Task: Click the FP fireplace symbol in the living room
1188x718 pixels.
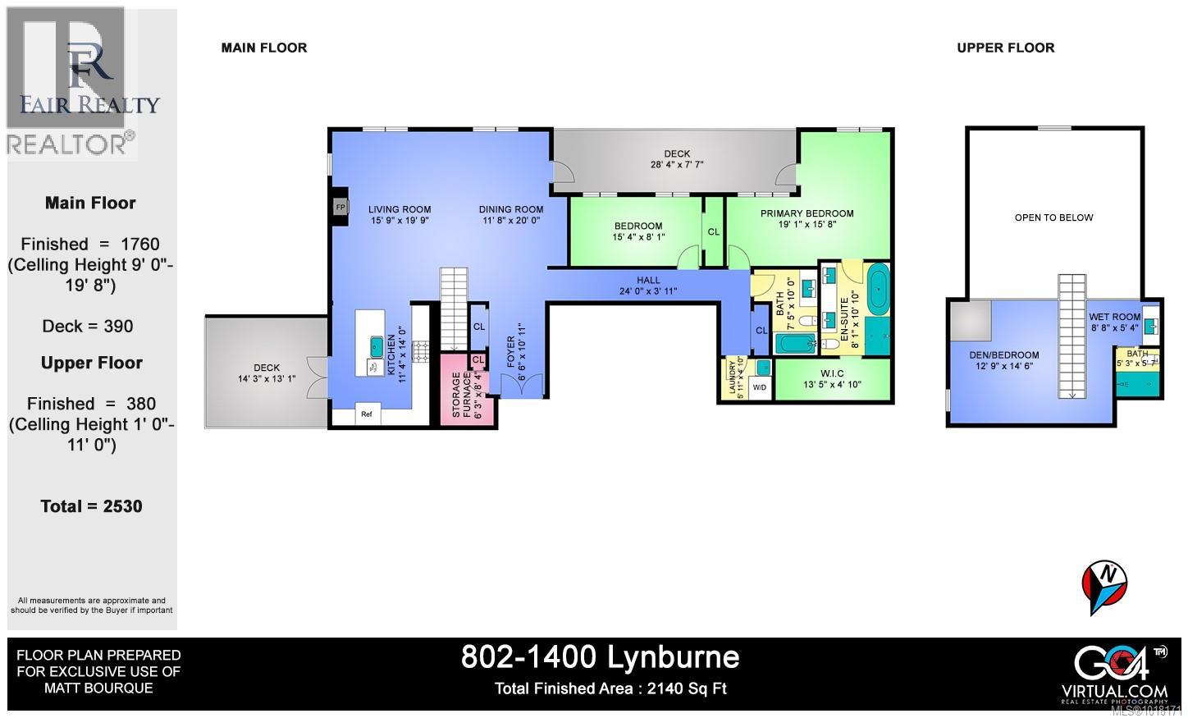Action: (340, 208)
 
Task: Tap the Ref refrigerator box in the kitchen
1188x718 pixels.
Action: (367, 414)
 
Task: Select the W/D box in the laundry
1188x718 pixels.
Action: (760, 387)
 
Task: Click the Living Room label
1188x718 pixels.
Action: (399, 210)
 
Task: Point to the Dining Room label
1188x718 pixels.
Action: (511, 210)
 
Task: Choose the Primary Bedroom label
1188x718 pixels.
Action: (806, 213)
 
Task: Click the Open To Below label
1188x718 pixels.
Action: (1053, 217)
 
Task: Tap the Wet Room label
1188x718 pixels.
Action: (1114, 317)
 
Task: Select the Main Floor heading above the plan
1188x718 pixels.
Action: (264, 48)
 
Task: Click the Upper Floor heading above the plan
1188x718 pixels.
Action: (1005, 48)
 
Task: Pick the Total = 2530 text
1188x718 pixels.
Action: (92, 506)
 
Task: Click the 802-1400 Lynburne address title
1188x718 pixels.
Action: (600, 656)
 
